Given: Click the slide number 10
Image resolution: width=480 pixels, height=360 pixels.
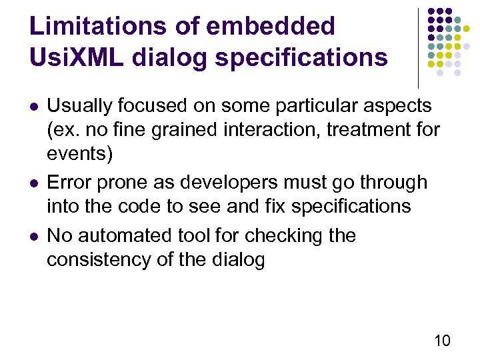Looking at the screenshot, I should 442,341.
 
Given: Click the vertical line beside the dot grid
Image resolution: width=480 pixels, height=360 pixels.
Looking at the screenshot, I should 418,47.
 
